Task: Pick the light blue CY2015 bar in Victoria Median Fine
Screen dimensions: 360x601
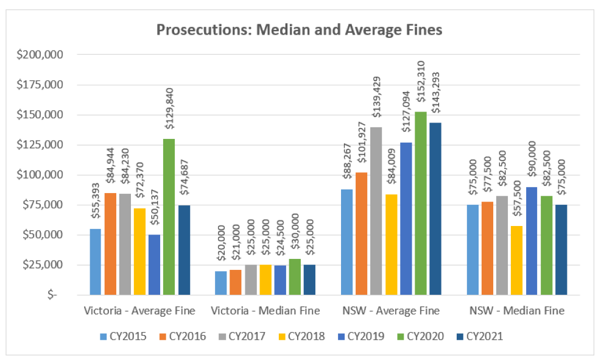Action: click(220, 283)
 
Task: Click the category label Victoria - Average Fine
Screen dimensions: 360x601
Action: click(139, 311)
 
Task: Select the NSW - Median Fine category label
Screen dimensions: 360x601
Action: click(517, 311)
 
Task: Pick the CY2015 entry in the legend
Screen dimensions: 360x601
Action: click(124, 336)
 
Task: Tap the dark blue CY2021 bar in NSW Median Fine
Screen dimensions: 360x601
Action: click(561, 250)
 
